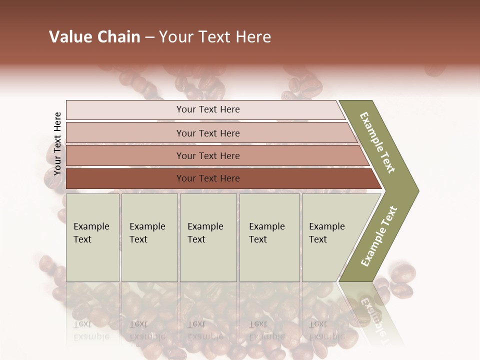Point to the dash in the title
(x=149, y=37)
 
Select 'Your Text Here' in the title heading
(x=215, y=37)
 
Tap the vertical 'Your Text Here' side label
(x=57, y=144)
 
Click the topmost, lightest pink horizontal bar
(x=205, y=109)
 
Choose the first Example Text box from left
(x=92, y=237)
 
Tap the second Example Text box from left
(x=149, y=237)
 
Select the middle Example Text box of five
(x=207, y=237)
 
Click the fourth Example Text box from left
(x=269, y=237)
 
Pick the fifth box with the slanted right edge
(x=332, y=237)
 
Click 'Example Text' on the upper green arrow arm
(x=378, y=142)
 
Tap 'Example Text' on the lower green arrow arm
(x=379, y=236)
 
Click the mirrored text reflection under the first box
(x=91, y=330)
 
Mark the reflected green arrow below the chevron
(x=372, y=310)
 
